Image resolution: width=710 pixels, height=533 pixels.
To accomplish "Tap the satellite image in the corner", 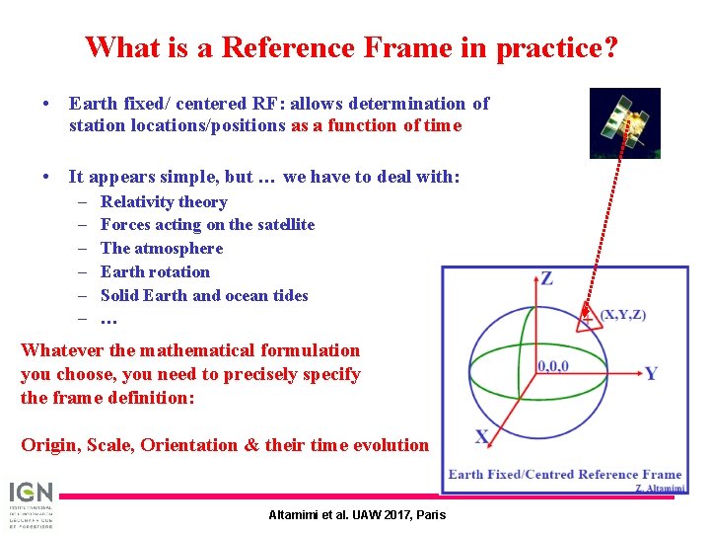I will pyautogui.click(x=624, y=122).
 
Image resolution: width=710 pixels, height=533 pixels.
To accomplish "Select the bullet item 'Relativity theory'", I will pyautogui.click(x=164, y=202).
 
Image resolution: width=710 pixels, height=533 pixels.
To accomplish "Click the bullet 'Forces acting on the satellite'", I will pyautogui.click(x=207, y=225).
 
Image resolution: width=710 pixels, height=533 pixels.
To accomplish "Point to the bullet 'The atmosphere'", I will pyautogui.click(x=162, y=249).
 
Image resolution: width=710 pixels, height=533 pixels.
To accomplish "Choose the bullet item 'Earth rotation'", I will pyautogui.click(x=155, y=272).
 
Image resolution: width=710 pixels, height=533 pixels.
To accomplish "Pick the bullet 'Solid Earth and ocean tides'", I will pyautogui.click(x=204, y=296).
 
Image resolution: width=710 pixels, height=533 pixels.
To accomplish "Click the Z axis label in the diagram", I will pyautogui.click(x=546, y=278).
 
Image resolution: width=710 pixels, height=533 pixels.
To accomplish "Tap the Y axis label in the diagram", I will pyautogui.click(x=651, y=373).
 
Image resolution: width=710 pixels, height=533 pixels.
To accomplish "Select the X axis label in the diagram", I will pyautogui.click(x=482, y=437).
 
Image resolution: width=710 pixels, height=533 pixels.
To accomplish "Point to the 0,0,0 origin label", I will pyautogui.click(x=552, y=366).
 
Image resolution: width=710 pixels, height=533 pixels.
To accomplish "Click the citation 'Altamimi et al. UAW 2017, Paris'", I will pyautogui.click(x=357, y=514).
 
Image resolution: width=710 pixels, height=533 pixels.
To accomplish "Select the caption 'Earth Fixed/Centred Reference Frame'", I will pyautogui.click(x=564, y=475).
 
